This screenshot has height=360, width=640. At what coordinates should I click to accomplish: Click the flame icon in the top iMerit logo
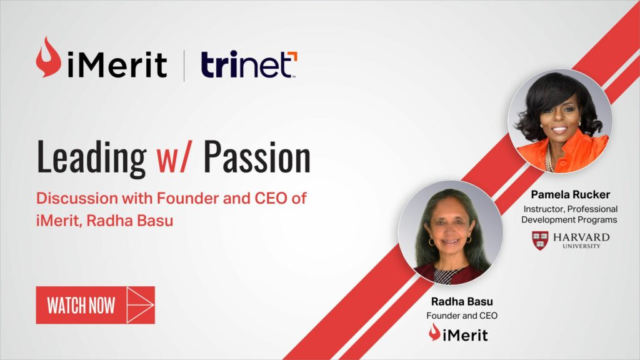pyautogui.click(x=48, y=57)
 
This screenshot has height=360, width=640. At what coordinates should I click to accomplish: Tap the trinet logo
pyautogui.click(x=249, y=64)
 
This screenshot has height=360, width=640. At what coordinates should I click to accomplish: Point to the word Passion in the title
pyautogui.click(x=257, y=157)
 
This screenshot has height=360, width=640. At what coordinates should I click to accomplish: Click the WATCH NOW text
pyautogui.click(x=81, y=306)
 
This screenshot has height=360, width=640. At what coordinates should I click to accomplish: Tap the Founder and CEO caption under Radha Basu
pyautogui.click(x=462, y=316)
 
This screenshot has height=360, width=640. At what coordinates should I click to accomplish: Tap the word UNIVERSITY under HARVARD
pyautogui.click(x=581, y=246)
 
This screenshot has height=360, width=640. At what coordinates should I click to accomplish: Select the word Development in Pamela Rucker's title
pyautogui.click(x=547, y=220)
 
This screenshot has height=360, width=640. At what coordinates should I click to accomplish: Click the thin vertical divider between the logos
pyautogui.click(x=184, y=66)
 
